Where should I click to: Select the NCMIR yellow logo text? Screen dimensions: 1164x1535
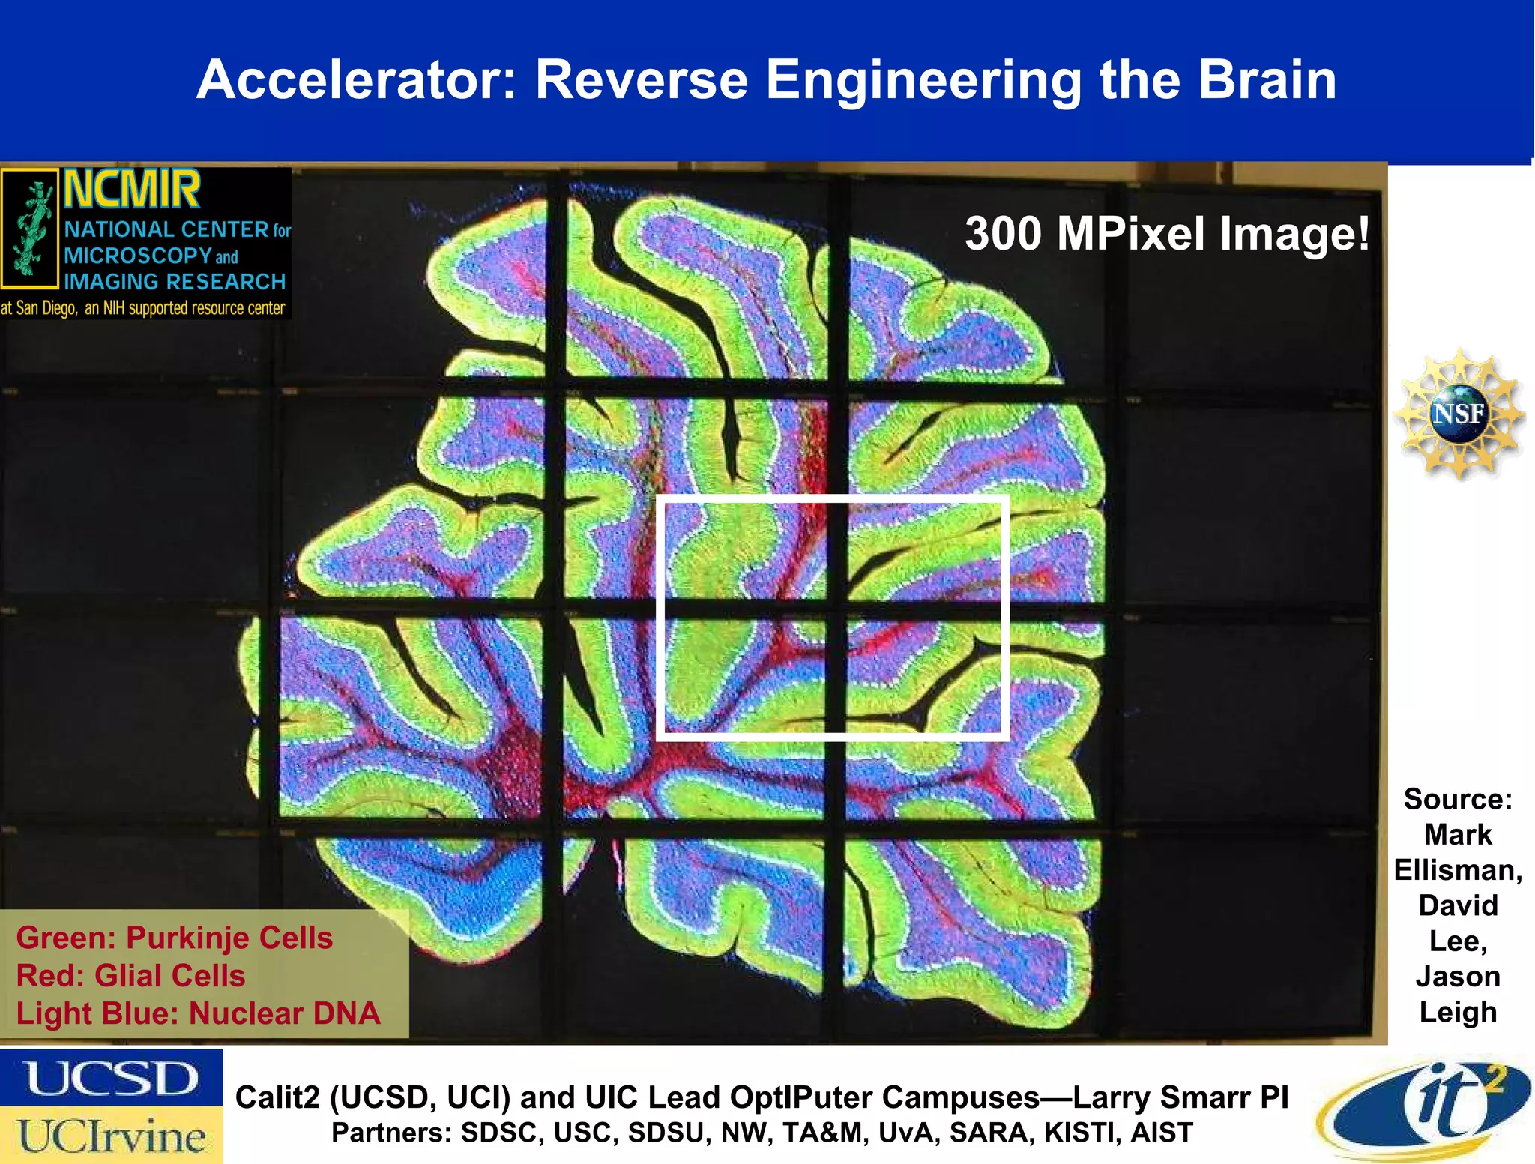pyautogui.click(x=132, y=190)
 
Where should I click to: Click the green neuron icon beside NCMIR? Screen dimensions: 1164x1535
pyautogui.click(x=30, y=229)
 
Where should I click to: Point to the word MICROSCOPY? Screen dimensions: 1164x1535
pyautogui.click(x=138, y=256)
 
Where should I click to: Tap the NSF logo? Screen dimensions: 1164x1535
pyautogui.click(x=1458, y=413)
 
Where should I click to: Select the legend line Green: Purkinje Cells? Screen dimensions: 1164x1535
pyautogui.click(x=174, y=938)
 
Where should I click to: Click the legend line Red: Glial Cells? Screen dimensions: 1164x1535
pyautogui.click(x=130, y=975)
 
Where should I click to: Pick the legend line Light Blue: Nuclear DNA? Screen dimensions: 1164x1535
pyautogui.click(x=198, y=1013)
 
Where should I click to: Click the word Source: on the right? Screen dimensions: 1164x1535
pyautogui.click(x=1458, y=799)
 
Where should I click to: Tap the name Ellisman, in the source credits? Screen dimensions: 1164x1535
pyautogui.click(x=1458, y=870)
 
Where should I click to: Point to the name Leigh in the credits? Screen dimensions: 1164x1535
pyautogui.click(x=1458, y=1012)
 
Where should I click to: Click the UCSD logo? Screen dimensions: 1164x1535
pyautogui.click(x=112, y=1079)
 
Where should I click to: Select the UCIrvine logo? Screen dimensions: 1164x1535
pyautogui.click(x=112, y=1136)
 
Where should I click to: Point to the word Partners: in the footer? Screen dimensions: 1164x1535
pyautogui.click(x=390, y=1133)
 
